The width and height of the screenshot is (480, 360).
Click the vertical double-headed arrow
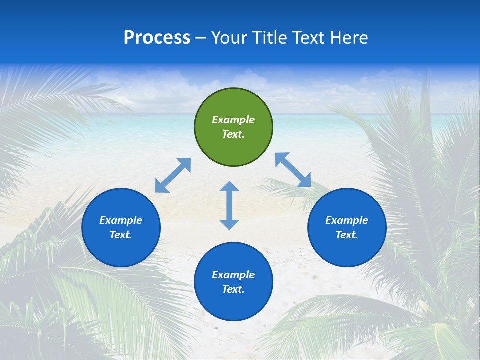click(229, 205)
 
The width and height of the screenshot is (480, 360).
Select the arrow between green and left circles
click(173, 175)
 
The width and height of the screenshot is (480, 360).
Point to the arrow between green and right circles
click(293, 170)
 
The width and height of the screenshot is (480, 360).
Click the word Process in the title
click(157, 38)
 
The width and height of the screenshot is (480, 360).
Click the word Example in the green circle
click(233, 120)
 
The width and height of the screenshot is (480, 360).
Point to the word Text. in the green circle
click(233, 134)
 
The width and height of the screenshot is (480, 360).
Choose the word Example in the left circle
click(121, 220)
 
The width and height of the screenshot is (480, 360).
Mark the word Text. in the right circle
click(347, 235)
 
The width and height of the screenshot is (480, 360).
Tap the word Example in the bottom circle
click(233, 275)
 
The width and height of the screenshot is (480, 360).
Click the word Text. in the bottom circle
click(233, 289)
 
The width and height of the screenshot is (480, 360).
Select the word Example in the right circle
click(347, 220)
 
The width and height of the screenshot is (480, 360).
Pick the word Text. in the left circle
click(121, 235)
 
